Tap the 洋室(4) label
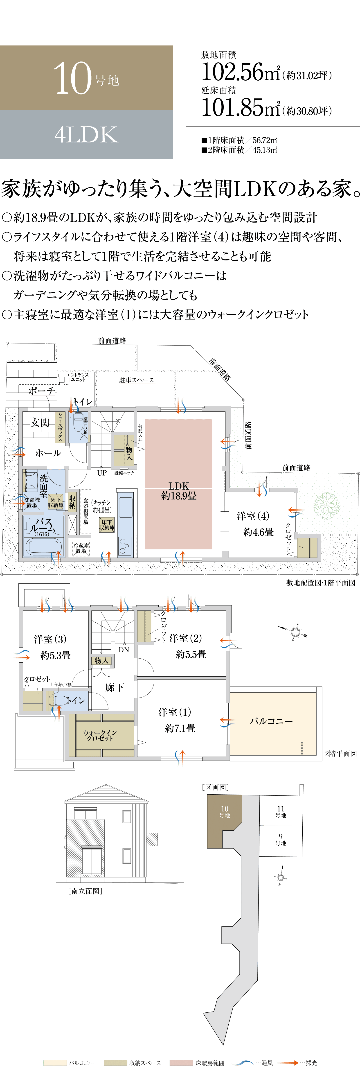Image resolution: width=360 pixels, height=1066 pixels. click(x=253, y=516)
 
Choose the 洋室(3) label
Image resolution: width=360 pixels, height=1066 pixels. click(x=50, y=639)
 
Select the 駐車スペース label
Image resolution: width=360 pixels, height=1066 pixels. click(x=137, y=380)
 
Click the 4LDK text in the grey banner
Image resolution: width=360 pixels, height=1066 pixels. click(x=86, y=135)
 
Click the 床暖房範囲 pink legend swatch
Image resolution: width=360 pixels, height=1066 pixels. click(x=181, y=1062)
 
